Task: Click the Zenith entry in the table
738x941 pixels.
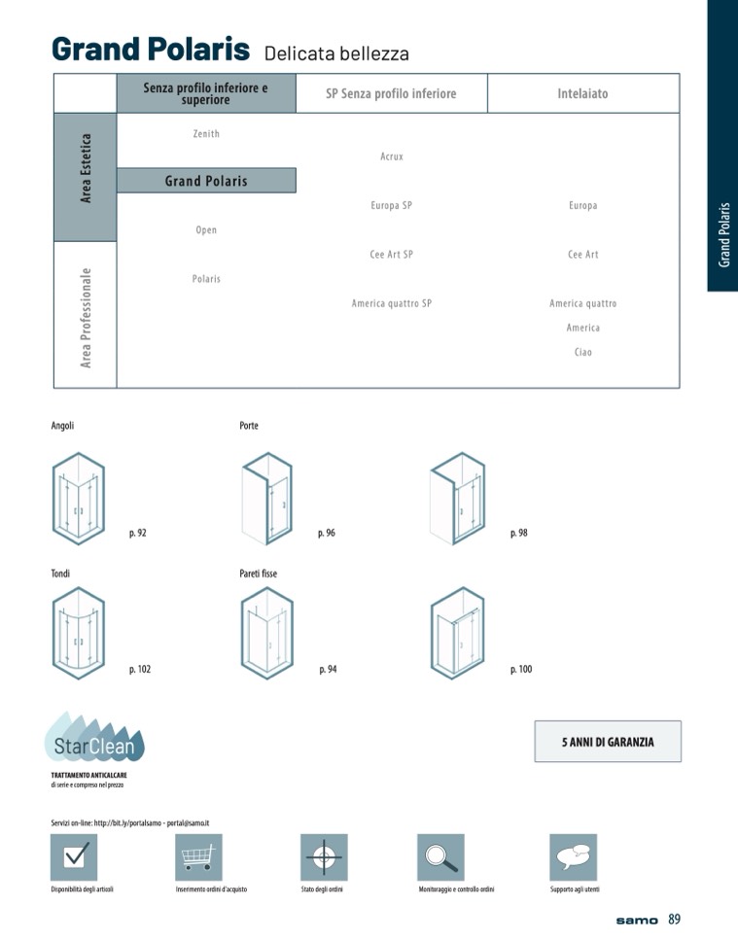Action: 206,134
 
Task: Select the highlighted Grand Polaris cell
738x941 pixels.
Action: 206,181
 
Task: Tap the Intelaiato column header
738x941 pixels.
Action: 583,93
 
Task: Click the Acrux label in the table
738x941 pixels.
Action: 392,157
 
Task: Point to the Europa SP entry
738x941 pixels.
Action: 392,205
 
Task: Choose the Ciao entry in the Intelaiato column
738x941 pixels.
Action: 583,352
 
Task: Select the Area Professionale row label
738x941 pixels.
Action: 86,318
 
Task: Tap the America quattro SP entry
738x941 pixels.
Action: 392,303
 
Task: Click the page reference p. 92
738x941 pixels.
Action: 137,533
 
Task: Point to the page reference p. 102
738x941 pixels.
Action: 140,669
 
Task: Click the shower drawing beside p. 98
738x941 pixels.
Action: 458,498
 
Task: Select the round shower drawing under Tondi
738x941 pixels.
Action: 79,633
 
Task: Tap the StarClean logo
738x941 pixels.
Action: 94,738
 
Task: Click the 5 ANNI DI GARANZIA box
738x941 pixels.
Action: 608,742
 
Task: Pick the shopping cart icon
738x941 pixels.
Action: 198,857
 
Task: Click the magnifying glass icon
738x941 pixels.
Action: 440,857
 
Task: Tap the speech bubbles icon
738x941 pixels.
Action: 574,857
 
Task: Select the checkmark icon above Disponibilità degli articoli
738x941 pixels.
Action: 74,857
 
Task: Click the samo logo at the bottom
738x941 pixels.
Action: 637,921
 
